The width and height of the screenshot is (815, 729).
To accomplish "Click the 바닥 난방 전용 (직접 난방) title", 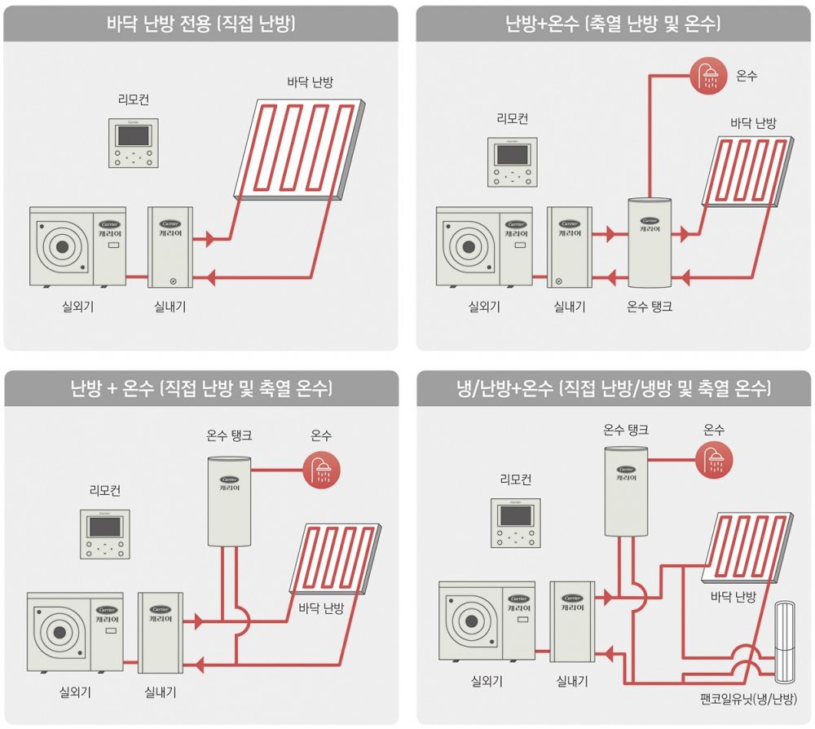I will (x=200, y=24).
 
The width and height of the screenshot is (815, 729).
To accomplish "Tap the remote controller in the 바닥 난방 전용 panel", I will (x=134, y=143).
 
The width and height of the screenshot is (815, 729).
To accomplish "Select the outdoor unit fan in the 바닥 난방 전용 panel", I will (x=60, y=245).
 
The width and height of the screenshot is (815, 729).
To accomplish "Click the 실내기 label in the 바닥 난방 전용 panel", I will (x=170, y=307).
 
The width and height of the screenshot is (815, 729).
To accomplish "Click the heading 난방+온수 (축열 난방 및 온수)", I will (x=612, y=24).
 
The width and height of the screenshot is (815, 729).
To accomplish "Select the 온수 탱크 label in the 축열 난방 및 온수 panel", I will (x=650, y=307).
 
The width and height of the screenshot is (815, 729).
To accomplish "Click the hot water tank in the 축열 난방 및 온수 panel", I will (x=650, y=241).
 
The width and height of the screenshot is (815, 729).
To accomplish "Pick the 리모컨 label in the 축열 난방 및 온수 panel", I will (x=512, y=119).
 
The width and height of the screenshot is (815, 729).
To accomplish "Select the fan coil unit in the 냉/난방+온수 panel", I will (x=786, y=641).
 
